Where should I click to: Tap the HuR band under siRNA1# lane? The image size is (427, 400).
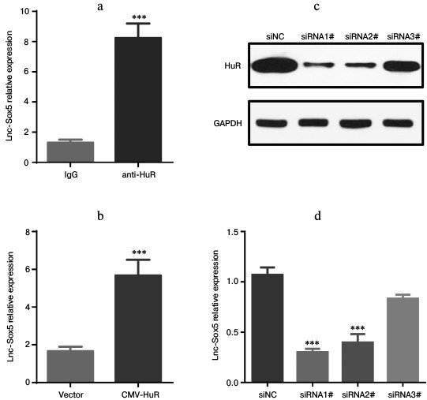point(313,66)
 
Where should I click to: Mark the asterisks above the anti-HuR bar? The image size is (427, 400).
point(138,16)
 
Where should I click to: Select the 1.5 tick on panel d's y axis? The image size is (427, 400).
point(231,232)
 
